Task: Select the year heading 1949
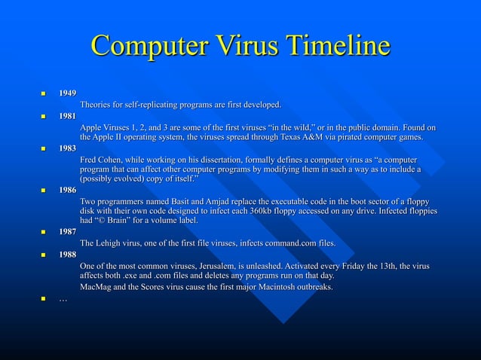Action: pos(68,93)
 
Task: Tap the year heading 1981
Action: pos(68,116)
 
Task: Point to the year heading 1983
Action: pos(68,149)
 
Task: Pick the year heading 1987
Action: pos(68,231)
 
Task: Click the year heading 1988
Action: pos(68,255)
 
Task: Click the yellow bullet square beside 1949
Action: pos(44,93)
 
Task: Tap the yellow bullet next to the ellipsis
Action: pos(44,300)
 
